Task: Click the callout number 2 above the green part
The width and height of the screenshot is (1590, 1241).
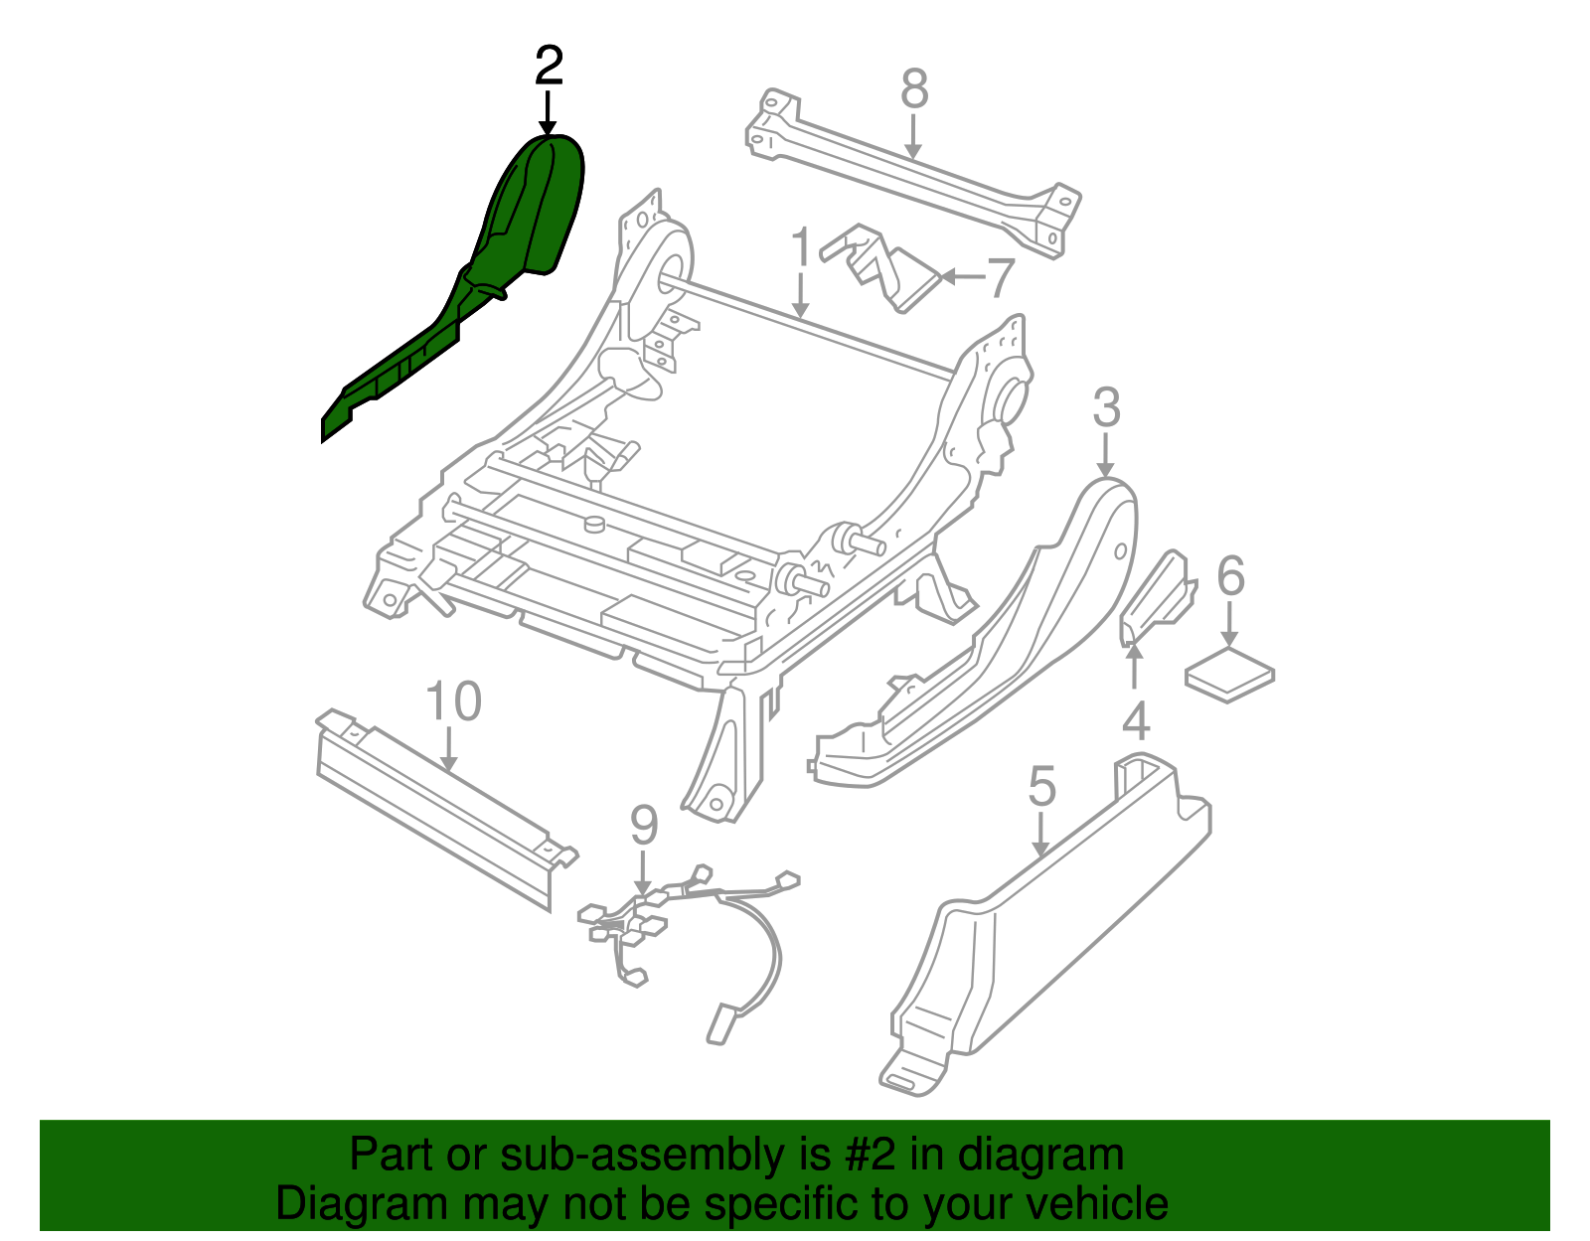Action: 549,67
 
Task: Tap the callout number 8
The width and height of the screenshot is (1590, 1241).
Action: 914,89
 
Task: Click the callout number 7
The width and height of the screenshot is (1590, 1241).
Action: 998,278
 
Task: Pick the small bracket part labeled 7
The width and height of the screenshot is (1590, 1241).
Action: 889,268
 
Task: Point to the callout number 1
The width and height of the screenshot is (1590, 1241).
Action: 801,248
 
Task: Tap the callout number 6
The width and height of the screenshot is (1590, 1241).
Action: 1230,576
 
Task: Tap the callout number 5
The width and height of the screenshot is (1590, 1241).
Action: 1041,787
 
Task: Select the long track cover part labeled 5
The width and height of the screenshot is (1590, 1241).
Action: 1053,934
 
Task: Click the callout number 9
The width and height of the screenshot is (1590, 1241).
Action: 644,825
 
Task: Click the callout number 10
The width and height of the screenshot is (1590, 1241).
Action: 453,701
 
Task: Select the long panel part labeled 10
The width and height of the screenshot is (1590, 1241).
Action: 437,805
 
